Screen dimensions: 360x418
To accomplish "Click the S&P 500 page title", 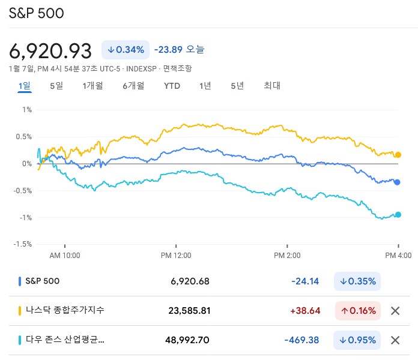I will pyautogui.click(x=37, y=13).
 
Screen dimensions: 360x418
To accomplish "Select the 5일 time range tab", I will pyautogui.click(x=56, y=86).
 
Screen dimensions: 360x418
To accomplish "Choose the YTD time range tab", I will pyautogui.click(x=172, y=86).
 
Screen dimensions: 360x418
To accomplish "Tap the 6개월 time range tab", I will pyautogui.click(x=133, y=86).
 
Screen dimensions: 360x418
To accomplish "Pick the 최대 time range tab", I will pyautogui.click(x=271, y=86).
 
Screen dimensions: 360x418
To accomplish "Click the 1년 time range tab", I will pyautogui.click(x=205, y=86).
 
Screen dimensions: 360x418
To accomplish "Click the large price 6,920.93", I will pyautogui.click(x=50, y=50).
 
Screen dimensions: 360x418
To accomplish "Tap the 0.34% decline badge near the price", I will pyautogui.click(x=126, y=50).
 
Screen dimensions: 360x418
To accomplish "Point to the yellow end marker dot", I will pyautogui.click(x=398, y=155).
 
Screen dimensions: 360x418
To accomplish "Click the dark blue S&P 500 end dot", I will pyautogui.click(x=398, y=182).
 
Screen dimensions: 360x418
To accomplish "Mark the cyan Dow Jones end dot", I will pyautogui.click(x=398, y=214).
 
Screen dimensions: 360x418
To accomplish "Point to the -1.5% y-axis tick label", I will pyautogui.click(x=23, y=244).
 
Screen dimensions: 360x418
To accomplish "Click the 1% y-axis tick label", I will pyautogui.click(x=27, y=110).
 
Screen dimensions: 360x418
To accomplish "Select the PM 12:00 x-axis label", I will pyautogui.click(x=176, y=255).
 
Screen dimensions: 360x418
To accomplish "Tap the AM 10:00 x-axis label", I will pyautogui.click(x=64, y=255).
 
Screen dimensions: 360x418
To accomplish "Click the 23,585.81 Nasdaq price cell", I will pyautogui.click(x=190, y=311).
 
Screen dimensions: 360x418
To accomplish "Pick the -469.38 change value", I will pyautogui.click(x=301, y=340).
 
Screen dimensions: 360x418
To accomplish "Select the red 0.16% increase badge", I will pyautogui.click(x=358, y=311).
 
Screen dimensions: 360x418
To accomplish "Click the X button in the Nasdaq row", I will pyautogui.click(x=395, y=311).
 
